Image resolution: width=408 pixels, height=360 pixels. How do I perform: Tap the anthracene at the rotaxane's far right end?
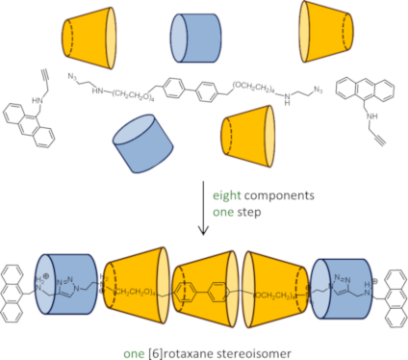[389, 283]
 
